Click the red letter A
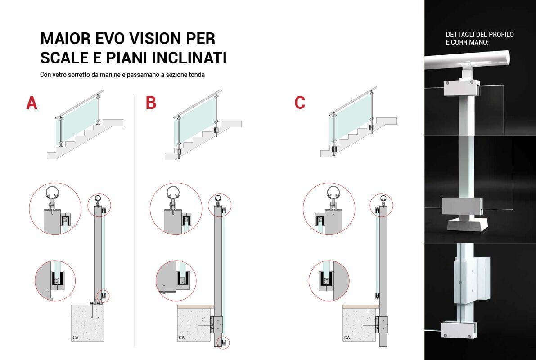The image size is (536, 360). tap(32, 103)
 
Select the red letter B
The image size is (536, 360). tap(151, 103)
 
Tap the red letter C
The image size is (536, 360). tap(300, 103)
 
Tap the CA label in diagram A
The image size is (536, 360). tap(76, 337)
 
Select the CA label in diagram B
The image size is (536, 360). tap(182, 337)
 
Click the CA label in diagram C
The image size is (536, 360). tap(347, 337)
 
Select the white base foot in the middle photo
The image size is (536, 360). tap(468, 223)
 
